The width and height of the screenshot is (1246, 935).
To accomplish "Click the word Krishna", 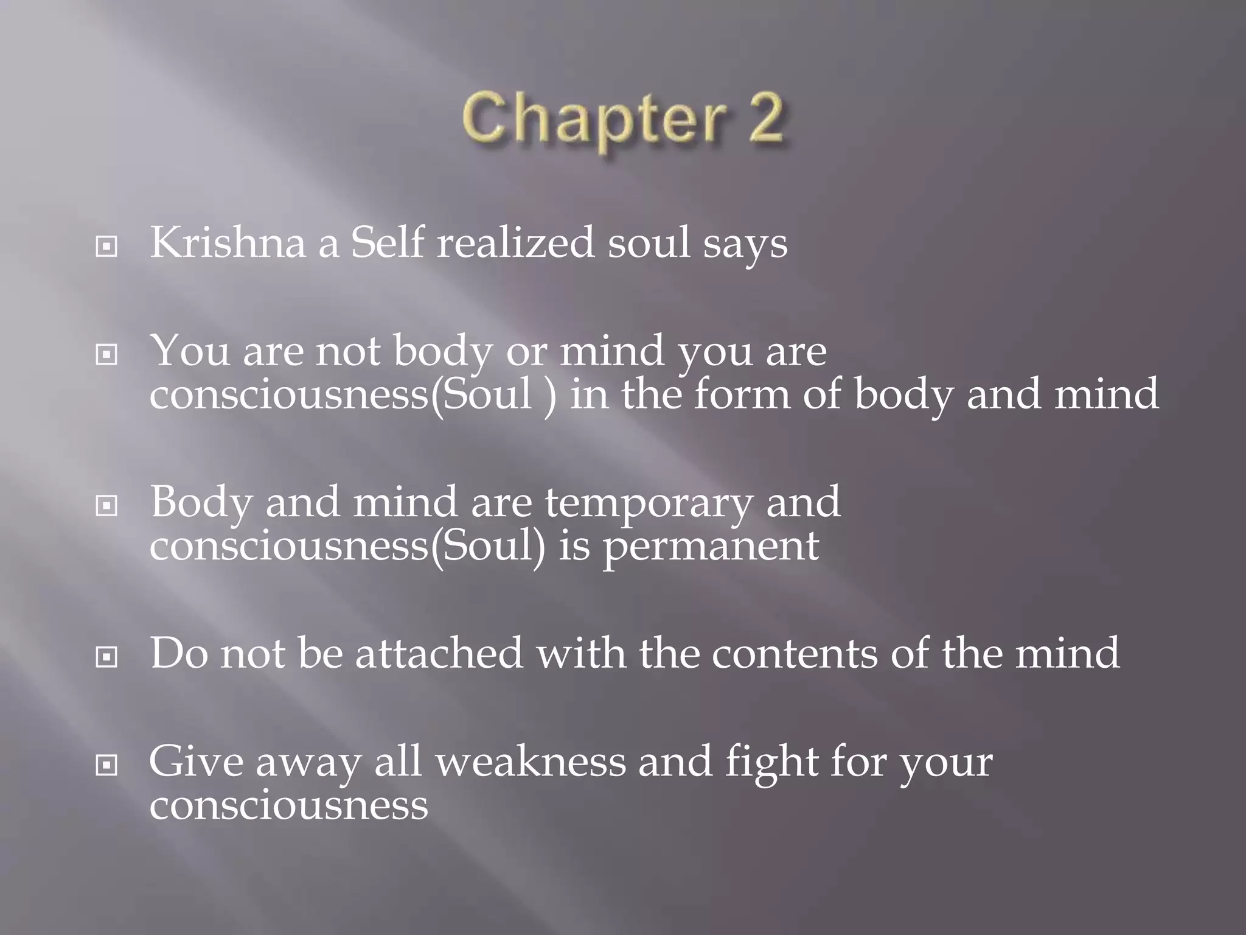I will [228, 243].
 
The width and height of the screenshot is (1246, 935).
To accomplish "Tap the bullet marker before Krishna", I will [106, 247].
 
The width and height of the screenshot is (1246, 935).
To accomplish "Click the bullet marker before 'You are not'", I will [106, 354].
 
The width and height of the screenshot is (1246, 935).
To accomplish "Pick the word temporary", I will [649, 504].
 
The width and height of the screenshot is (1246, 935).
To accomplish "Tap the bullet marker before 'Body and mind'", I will [106, 505].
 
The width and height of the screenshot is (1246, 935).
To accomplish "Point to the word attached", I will [439, 653].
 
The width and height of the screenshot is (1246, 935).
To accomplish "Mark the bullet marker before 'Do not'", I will [106, 657].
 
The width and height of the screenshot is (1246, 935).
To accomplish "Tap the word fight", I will [771, 763].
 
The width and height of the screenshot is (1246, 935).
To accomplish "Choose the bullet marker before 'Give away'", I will [106, 765].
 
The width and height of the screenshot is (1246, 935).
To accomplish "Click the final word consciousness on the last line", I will [289, 805].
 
